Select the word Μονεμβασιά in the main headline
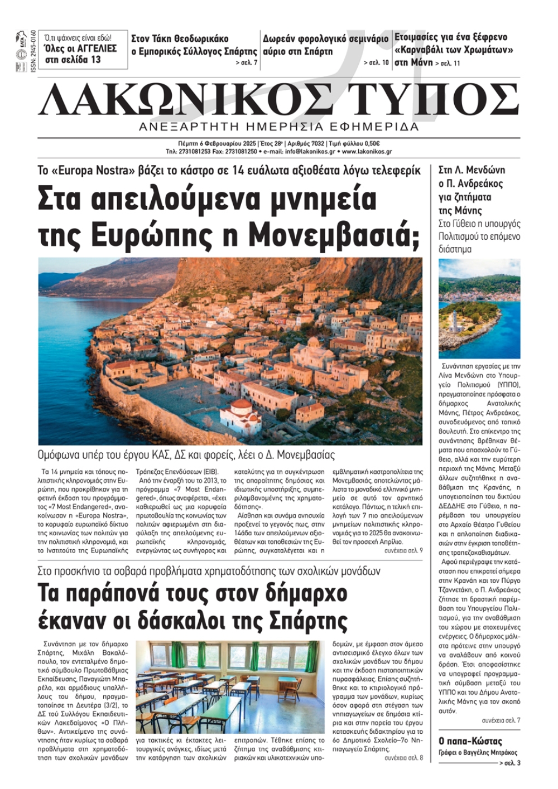tap(333, 235)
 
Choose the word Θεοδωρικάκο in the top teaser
tap(201, 38)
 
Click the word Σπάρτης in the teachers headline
tap(308, 619)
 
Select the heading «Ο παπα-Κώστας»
tap(470, 741)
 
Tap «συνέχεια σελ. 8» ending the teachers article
tap(403, 758)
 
